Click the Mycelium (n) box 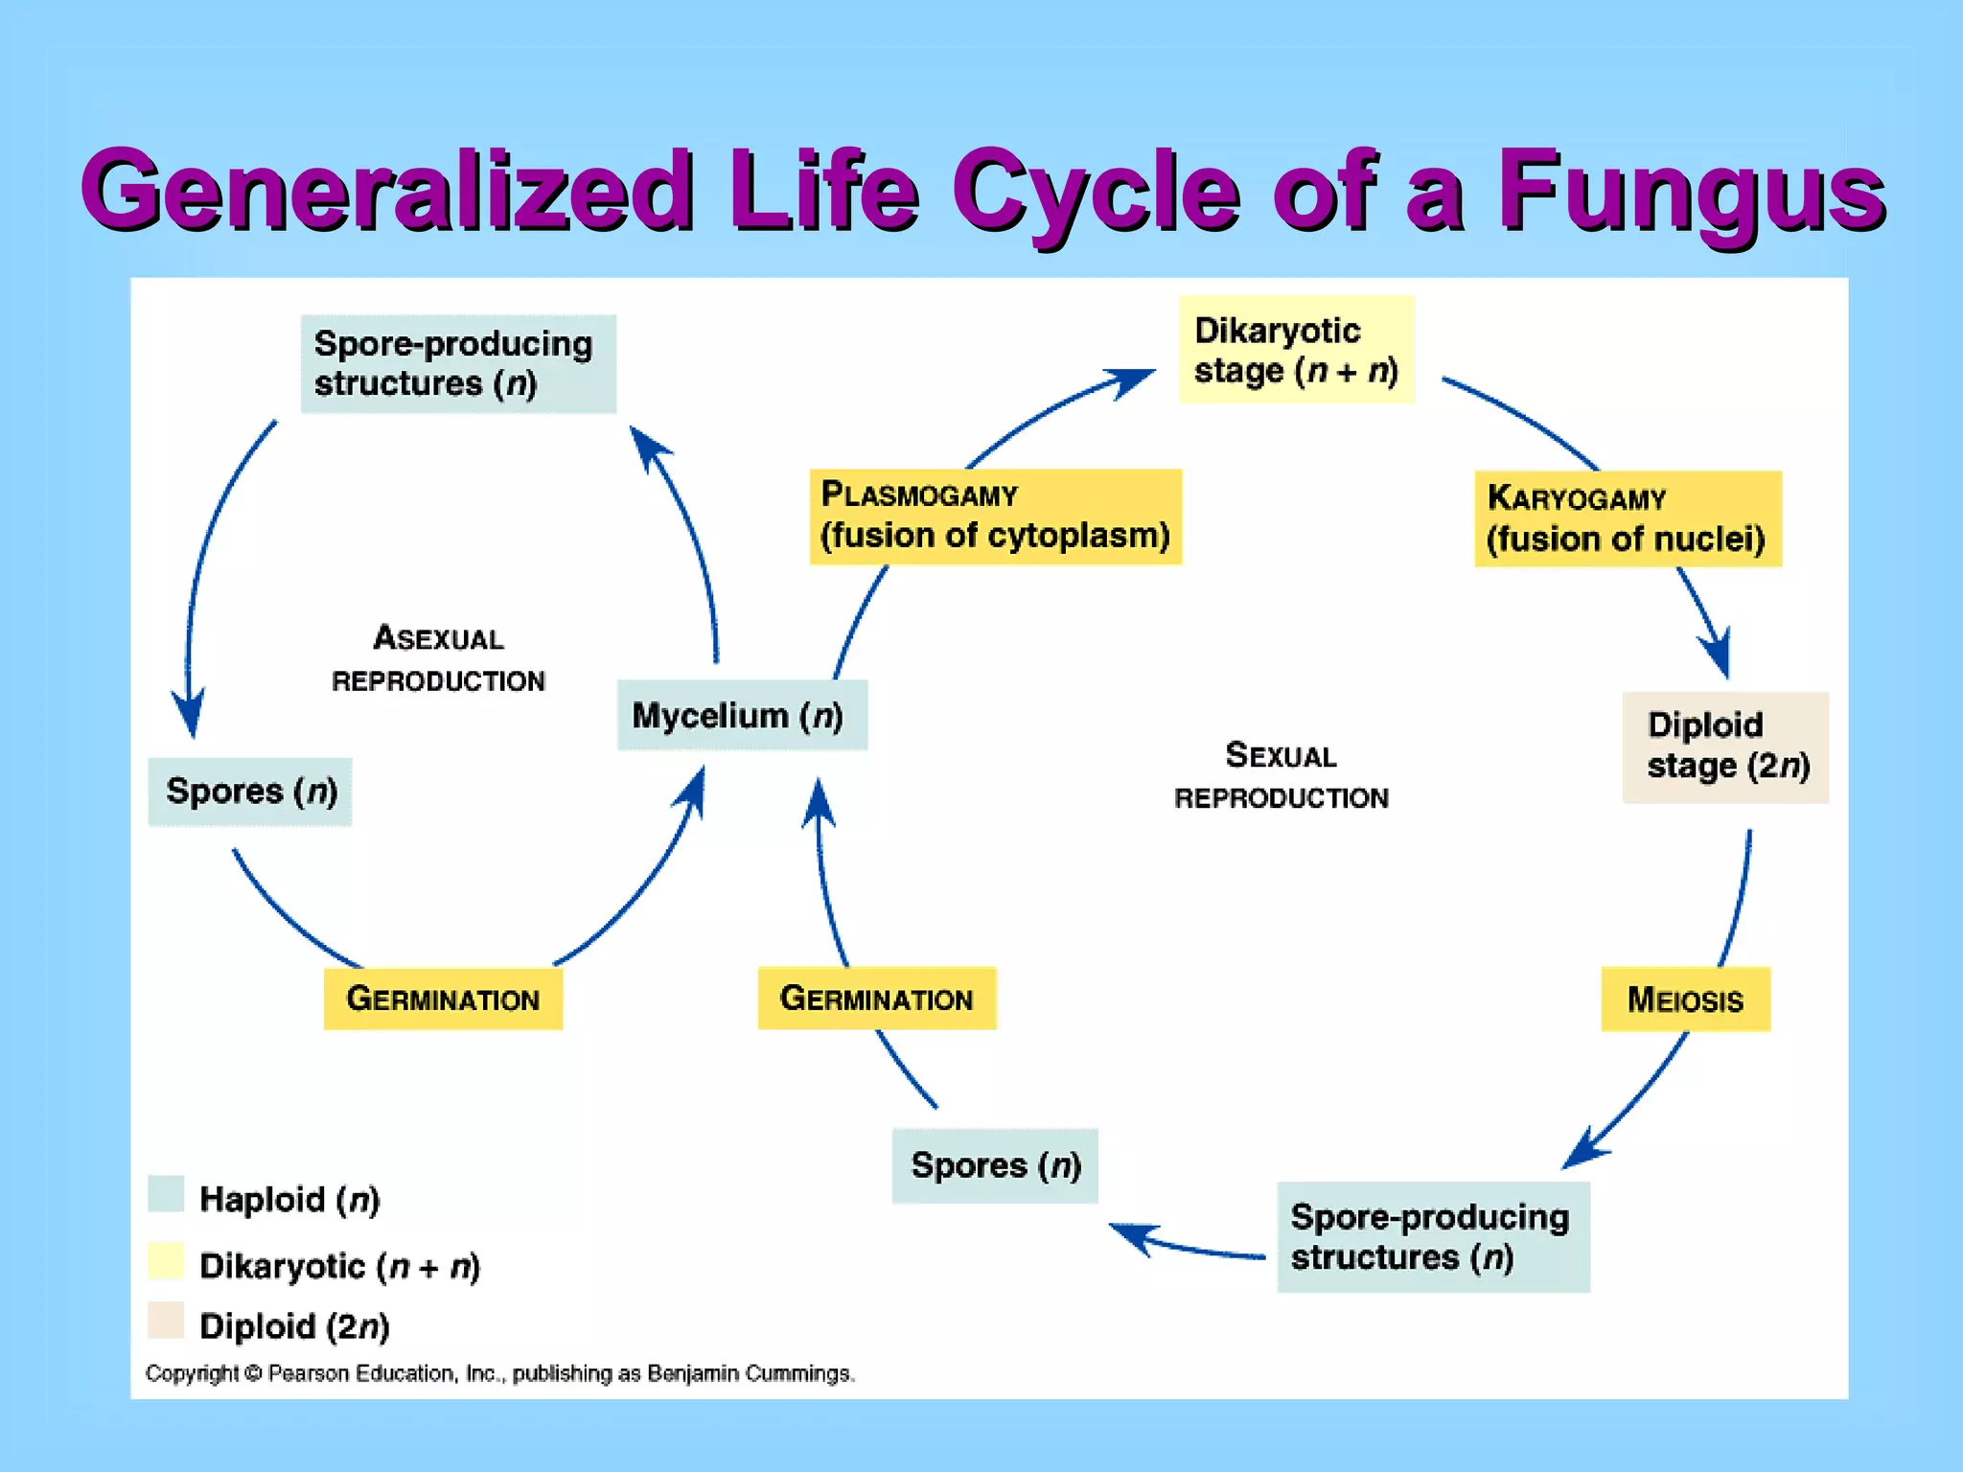[x=742, y=715]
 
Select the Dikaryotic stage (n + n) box [x=1296, y=350]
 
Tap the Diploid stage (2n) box [x=1725, y=747]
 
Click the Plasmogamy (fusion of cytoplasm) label [x=995, y=517]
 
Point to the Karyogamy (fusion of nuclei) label [x=1627, y=519]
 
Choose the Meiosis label [x=1685, y=1000]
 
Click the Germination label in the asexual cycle [x=443, y=999]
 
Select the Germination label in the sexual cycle [x=876, y=999]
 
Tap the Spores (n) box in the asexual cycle [x=250, y=792]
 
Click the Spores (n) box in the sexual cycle [x=995, y=1165]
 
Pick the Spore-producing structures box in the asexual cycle [x=458, y=364]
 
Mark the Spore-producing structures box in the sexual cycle [x=1433, y=1237]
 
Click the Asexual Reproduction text [x=438, y=659]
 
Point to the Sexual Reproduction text [x=1281, y=776]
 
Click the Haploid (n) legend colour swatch [x=166, y=1194]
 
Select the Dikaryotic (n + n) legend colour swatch [x=166, y=1261]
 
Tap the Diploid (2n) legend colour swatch [x=166, y=1321]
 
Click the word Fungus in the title [x=1691, y=192]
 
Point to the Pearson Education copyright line [x=499, y=1373]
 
